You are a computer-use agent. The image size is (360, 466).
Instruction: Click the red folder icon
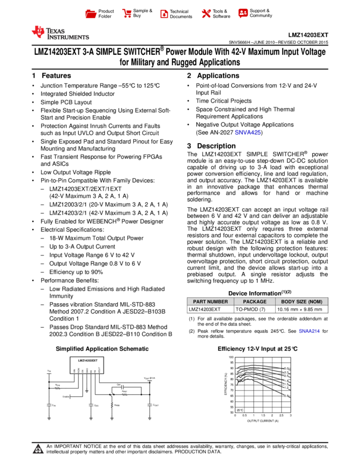[x=91, y=14]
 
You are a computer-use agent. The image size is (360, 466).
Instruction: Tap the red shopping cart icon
[x=127, y=13]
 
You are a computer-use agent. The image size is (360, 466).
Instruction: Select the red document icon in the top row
[x=164, y=14]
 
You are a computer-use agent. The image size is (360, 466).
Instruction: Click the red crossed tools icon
[x=206, y=13]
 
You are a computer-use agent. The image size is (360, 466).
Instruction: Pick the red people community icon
[x=243, y=13]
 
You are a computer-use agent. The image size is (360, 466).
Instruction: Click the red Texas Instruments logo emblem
[x=38, y=32]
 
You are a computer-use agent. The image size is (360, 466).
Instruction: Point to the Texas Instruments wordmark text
[x=67, y=34]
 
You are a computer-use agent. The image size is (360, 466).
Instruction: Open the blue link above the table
[x=247, y=133]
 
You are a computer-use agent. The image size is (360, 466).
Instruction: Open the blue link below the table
[x=309, y=331]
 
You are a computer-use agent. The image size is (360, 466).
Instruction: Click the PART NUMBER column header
[x=210, y=302]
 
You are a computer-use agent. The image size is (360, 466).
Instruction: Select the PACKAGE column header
[x=255, y=302]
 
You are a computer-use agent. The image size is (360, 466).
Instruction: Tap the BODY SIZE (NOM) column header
[x=301, y=302]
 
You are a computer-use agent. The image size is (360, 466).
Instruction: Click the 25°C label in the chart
[x=240, y=410]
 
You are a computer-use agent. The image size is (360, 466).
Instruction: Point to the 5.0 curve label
[x=286, y=367]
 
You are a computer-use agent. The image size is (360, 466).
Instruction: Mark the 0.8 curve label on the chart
[x=286, y=396]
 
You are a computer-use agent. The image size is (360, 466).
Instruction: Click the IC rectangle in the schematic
[x=87, y=365]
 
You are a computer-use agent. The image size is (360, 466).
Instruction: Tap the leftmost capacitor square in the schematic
[x=49, y=405]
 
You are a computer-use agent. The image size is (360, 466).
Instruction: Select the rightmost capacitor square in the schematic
[x=149, y=405]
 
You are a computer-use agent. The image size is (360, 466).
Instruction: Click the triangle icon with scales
[x=38, y=450]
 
